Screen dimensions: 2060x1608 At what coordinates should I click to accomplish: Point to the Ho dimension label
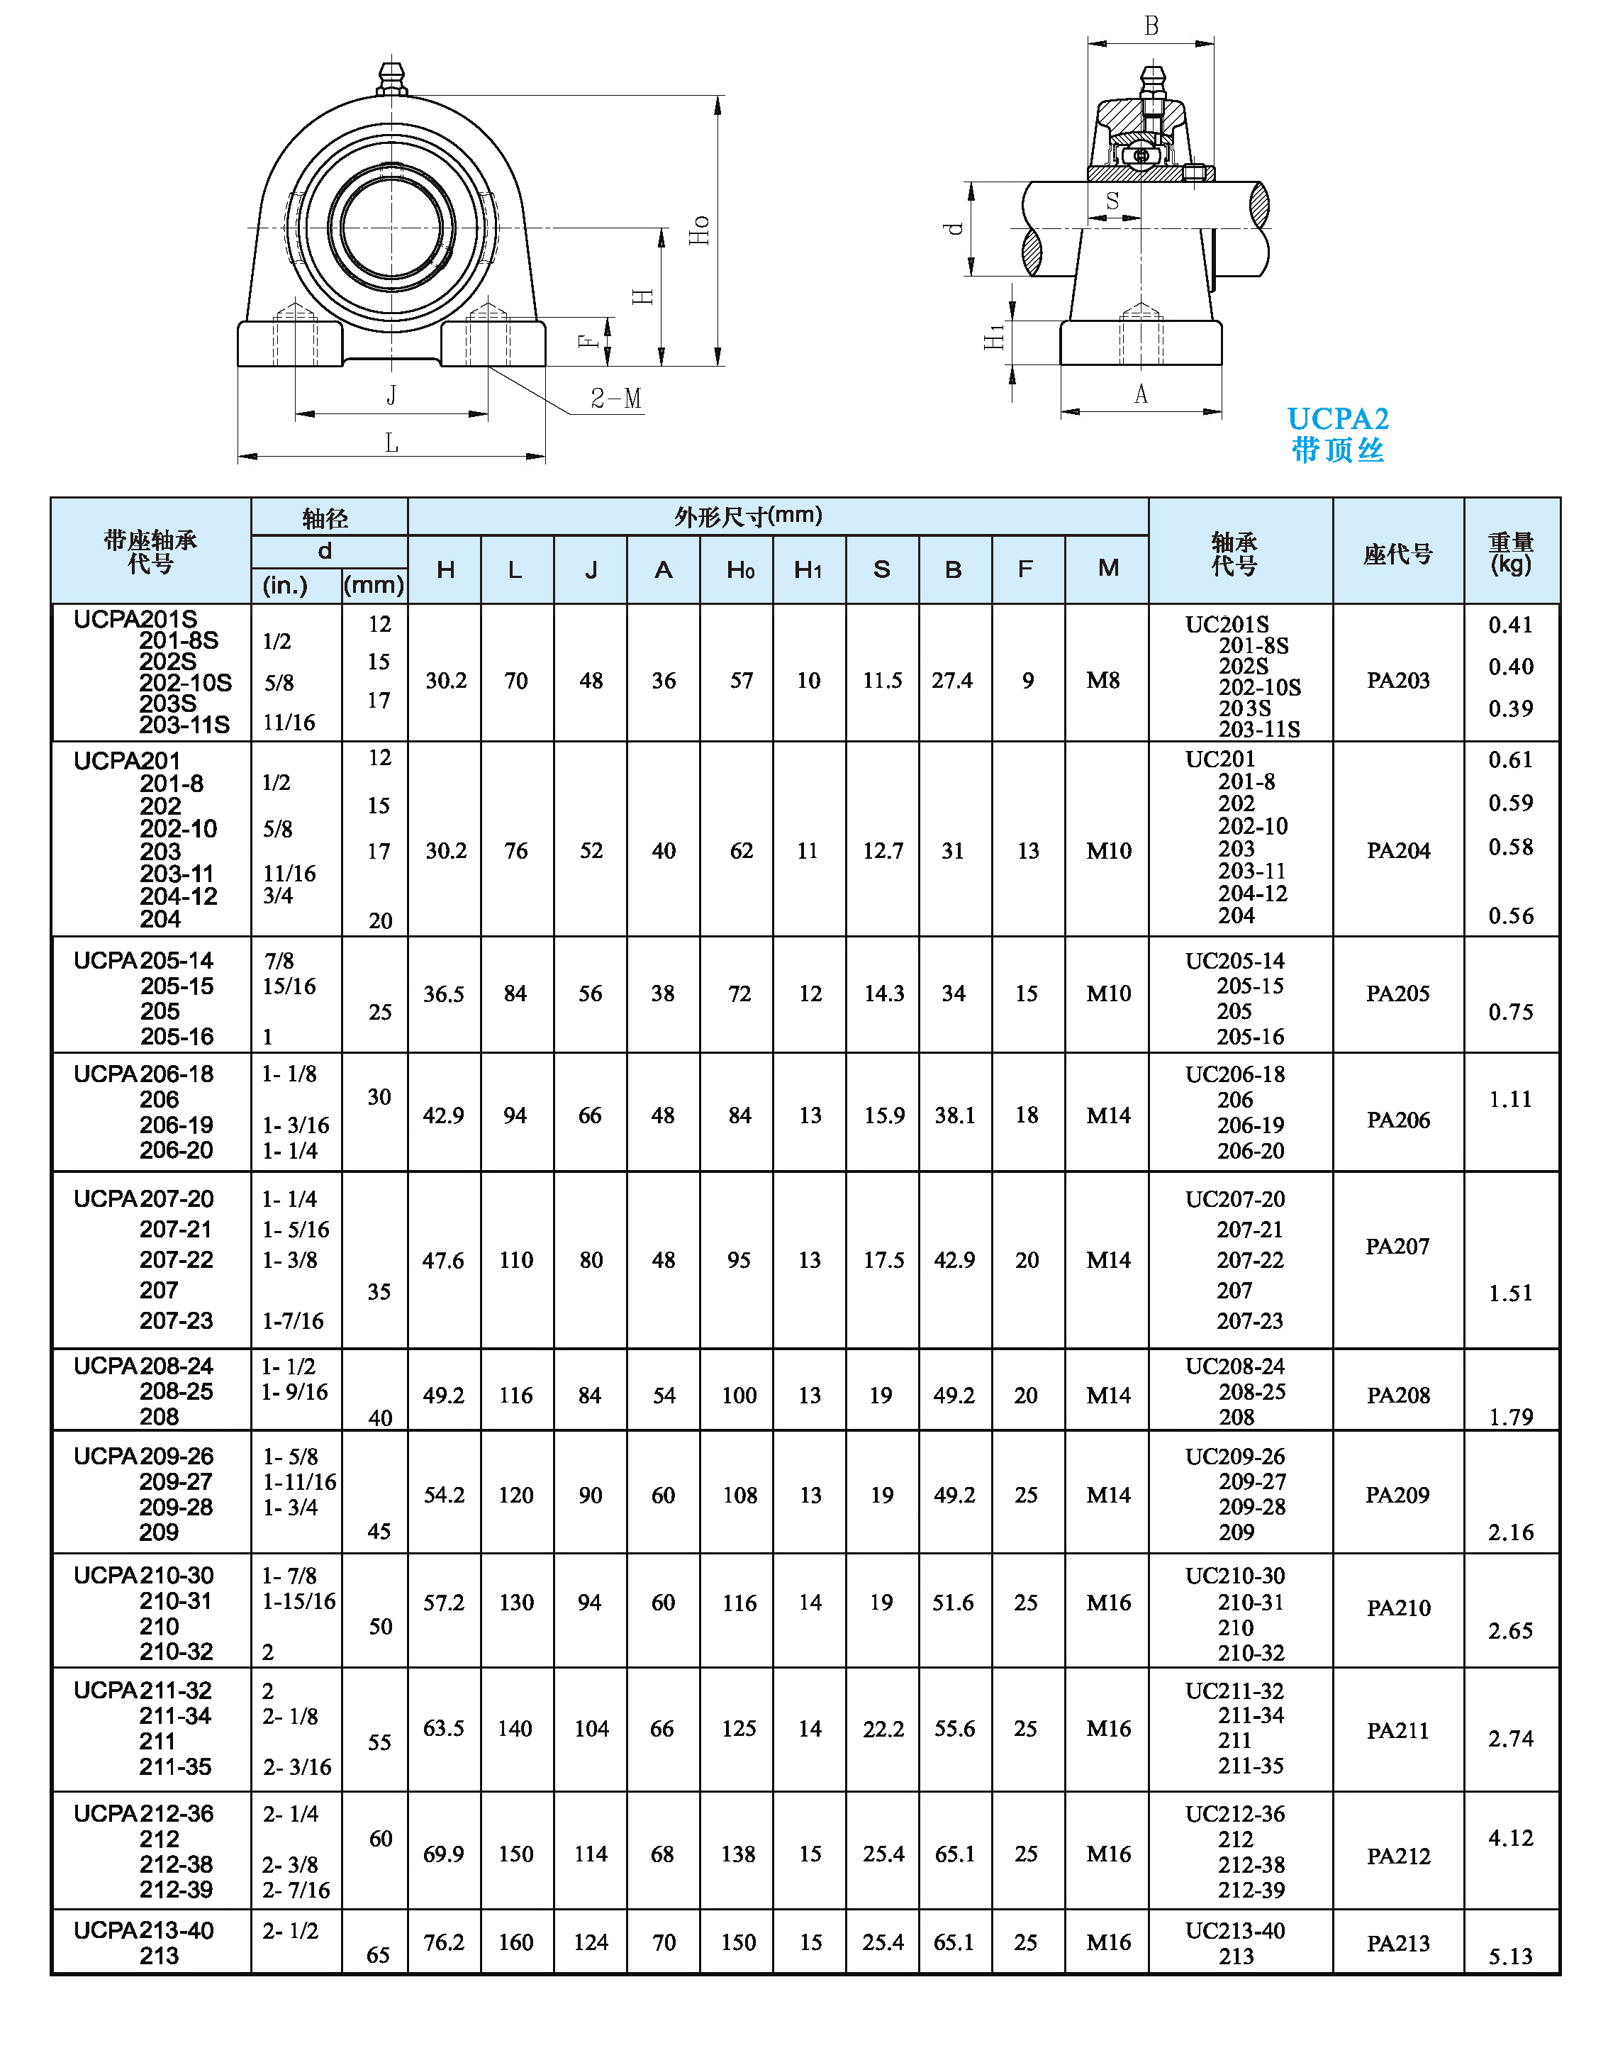click(699, 230)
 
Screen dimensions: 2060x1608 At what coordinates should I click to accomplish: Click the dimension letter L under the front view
click(391, 442)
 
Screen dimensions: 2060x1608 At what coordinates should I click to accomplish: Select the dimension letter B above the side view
click(1151, 26)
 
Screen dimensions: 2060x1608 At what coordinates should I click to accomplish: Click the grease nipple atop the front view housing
click(391, 78)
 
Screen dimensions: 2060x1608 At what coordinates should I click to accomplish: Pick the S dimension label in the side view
click(1113, 201)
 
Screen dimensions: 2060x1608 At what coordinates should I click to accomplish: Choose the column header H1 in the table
click(808, 569)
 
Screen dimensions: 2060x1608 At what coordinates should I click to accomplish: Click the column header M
click(1108, 568)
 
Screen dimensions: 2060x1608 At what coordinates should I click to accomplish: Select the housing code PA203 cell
click(1397, 680)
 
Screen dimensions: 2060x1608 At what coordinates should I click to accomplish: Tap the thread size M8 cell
click(1102, 680)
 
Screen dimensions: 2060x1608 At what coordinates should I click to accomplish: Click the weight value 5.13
click(1510, 1956)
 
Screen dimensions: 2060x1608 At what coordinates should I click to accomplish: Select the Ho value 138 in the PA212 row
click(739, 1854)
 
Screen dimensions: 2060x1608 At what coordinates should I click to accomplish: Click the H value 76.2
click(443, 1942)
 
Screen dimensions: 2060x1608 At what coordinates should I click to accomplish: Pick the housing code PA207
click(1397, 1246)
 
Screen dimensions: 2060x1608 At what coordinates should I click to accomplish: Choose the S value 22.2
click(883, 1729)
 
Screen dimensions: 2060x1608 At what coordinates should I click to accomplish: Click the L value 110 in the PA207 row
click(516, 1260)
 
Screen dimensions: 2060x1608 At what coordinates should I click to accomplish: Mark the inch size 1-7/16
click(294, 1320)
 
